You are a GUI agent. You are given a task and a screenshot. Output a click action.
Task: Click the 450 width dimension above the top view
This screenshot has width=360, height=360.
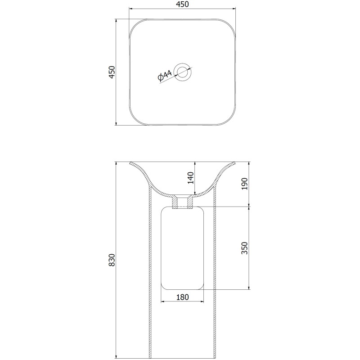click(183, 4)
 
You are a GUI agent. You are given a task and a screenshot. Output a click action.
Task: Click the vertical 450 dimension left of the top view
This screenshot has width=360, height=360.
click(112, 72)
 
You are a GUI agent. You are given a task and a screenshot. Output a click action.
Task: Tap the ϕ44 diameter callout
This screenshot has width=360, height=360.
click(165, 76)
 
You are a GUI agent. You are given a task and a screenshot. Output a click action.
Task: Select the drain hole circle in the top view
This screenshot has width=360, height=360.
click(183, 72)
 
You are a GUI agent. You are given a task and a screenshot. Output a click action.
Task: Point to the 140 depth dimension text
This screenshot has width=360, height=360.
click(191, 178)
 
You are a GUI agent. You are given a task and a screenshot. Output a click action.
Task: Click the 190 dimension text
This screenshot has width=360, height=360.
click(245, 184)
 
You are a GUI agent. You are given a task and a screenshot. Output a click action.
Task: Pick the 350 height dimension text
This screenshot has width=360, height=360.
click(245, 248)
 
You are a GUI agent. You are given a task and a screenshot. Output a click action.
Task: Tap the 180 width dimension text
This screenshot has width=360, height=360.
click(183, 297)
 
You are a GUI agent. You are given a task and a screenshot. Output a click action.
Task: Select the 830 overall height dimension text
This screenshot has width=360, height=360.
click(112, 260)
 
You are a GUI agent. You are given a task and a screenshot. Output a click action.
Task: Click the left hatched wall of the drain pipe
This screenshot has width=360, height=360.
click(175, 202)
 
